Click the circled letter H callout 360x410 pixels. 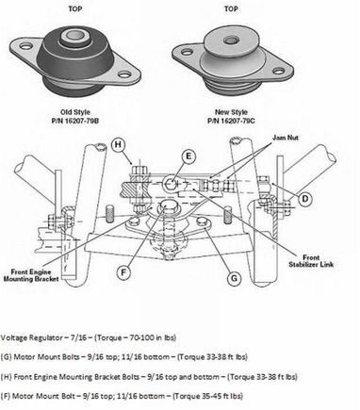point(118,145)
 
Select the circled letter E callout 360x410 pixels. point(188,156)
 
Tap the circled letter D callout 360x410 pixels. point(305,199)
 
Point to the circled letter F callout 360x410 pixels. point(123,271)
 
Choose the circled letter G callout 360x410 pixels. point(234,279)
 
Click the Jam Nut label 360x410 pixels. point(286,138)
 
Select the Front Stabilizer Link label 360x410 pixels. point(311,261)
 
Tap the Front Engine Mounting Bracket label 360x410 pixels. point(31,275)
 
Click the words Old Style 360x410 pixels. point(75,112)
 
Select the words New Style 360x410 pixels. point(231,112)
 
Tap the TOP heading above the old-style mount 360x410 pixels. point(75,8)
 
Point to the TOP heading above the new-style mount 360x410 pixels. point(231,8)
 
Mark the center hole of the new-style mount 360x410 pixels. point(232,40)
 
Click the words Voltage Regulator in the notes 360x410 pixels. point(31,338)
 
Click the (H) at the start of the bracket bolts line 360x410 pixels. point(6,377)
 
